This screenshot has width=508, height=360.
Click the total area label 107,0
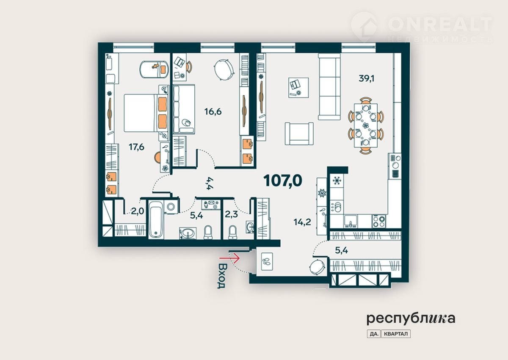(x=283, y=181)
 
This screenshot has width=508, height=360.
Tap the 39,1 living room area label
(x=367, y=78)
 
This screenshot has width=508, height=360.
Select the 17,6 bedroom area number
(x=136, y=147)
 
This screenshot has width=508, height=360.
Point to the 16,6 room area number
(x=213, y=112)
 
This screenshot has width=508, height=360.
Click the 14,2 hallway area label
(x=302, y=222)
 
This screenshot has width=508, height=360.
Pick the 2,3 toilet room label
(x=231, y=214)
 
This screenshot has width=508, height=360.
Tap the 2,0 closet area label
(x=138, y=211)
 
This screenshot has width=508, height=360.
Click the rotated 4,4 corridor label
(x=210, y=183)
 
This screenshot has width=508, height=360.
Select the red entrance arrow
(x=229, y=258)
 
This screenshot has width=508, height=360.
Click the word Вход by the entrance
(x=221, y=276)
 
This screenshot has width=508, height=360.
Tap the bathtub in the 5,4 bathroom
(x=156, y=219)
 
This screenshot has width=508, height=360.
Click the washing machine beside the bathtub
(x=171, y=206)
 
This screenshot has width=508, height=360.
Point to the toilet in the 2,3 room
(x=232, y=232)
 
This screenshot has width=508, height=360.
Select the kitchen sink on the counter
(x=351, y=221)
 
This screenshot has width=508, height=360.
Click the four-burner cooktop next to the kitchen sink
(x=379, y=221)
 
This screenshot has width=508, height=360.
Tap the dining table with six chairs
(x=366, y=125)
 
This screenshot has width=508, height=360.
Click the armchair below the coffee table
(x=299, y=133)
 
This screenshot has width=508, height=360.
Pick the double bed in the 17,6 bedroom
(x=146, y=113)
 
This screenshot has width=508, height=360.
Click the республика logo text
(x=411, y=319)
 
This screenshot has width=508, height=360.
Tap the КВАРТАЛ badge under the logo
(x=396, y=334)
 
